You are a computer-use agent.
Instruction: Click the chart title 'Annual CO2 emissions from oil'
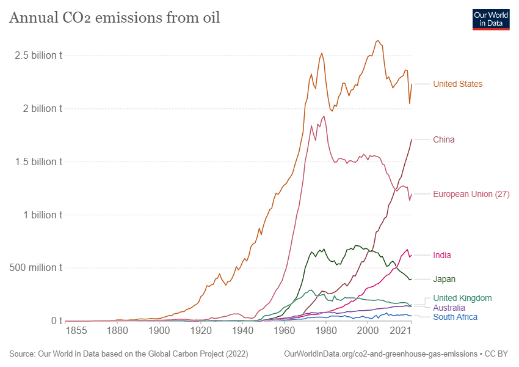tap(114, 18)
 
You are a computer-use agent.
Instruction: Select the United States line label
tap(457, 84)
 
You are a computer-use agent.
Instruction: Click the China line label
tap(443, 139)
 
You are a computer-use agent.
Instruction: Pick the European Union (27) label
tap(471, 194)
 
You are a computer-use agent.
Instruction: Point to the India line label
tap(442, 255)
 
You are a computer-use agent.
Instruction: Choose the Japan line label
tap(444, 279)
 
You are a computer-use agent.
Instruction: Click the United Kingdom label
tap(462, 298)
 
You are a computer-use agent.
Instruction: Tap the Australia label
tap(450, 308)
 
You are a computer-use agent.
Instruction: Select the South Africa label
tap(455, 317)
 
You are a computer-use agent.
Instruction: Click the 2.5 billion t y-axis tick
tap(38, 56)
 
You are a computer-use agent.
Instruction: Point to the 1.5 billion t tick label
tap(38, 162)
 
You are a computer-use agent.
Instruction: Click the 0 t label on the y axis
tap(56, 321)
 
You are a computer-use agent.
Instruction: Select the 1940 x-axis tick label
tap(242, 332)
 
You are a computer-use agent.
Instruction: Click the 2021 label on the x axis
tap(401, 332)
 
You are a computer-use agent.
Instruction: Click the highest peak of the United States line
tap(378, 40)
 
